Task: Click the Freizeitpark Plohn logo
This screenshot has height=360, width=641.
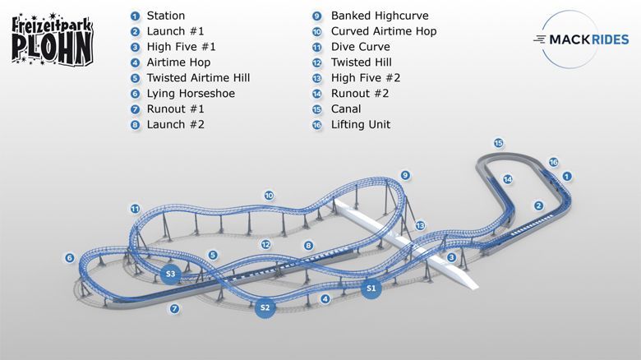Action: pyautogui.click(x=53, y=39)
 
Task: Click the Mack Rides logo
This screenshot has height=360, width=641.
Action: pyautogui.click(x=581, y=39)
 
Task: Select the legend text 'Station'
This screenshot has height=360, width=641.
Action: pyautogui.click(x=165, y=16)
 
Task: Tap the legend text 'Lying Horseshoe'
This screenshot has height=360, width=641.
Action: pyautogui.click(x=191, y=94)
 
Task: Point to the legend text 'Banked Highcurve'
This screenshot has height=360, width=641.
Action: pyautogui.click(x=380, y=16)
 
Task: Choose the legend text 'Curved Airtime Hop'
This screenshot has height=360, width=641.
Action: pyautogui.click(x=384, y=31)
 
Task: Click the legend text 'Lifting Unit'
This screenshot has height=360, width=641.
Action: pyautogui.click(x=361, y=125)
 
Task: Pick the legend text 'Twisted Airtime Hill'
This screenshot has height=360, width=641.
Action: pyautogui.click(x=198, y=78)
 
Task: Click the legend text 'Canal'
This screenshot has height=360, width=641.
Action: pyautogui.click(x=346, y=109)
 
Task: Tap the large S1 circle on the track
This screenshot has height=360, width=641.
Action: pyautogui.click(x=371, y=288)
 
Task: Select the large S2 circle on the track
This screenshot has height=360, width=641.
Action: pyautogui.click(x=265, y=307)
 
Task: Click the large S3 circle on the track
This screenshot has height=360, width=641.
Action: pyautogui.click(x=170, y=274)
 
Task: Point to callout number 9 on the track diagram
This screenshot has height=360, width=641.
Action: pyautogui.click(x=404, y=176)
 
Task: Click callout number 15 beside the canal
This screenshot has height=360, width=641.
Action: pyautogui.click(x=498, y=143)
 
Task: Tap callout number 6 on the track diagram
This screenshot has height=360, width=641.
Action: pyautogui.click(x=70, y=258)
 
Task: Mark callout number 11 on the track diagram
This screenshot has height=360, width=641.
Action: pyautogui.click(x=135, y=209)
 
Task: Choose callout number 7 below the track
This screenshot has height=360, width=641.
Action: pyautogui.click(x=174, y=308)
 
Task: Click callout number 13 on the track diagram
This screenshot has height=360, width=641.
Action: pyautogui.click(x=420, y=225)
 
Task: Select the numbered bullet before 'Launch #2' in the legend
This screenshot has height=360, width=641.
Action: pyautogui.click(x=135, y=125)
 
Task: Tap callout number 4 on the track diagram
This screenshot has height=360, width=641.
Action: pyautogui.click(x=325, y=299)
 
